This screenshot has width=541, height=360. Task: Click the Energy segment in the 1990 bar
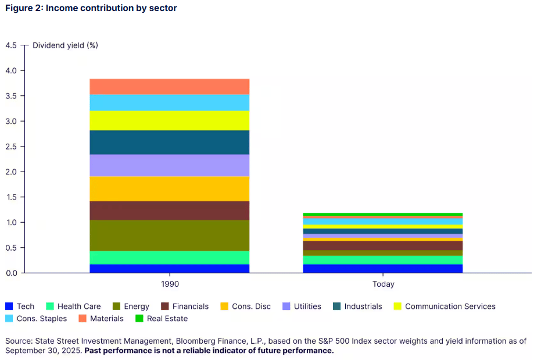point(169,235)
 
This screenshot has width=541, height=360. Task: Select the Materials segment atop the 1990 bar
point(169,87)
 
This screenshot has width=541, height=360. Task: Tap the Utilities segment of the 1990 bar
point(169,165)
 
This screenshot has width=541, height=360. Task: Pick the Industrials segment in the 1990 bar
point(169,142)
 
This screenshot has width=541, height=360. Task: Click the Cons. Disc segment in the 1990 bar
point(169,188)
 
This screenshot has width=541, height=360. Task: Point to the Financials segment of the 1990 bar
point(169,211)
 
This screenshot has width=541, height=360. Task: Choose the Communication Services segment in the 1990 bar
point(169,120)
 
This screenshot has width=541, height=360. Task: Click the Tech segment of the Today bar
point(382,269)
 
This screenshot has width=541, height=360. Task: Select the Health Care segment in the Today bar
point(382,260)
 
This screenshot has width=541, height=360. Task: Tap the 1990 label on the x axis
point(169,284)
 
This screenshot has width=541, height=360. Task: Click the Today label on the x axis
point(383,284)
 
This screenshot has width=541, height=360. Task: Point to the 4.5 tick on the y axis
point(12,45)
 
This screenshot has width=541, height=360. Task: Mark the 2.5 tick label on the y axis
point(12,147)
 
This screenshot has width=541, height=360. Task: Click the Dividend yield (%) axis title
point(65,45)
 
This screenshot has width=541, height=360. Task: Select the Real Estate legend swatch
point(138,319)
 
